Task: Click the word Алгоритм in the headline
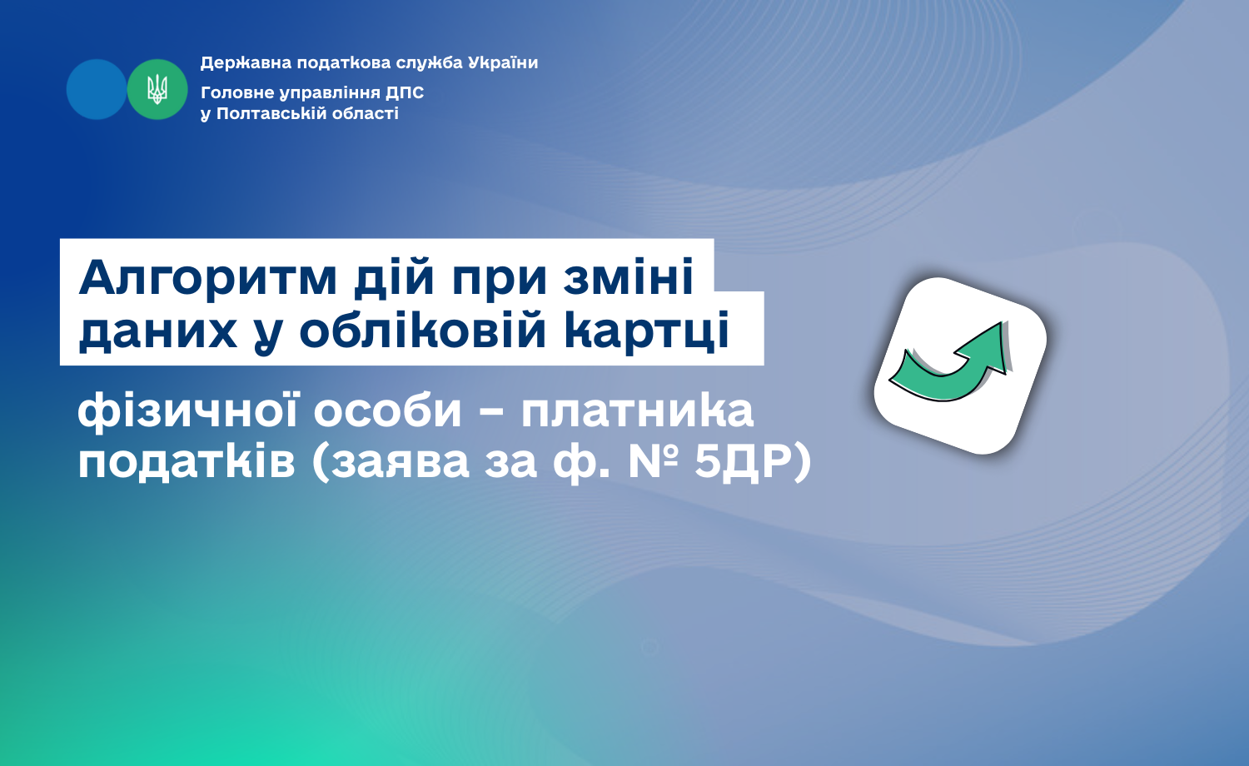tap(208, 276)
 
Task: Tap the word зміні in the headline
tap(628, 276)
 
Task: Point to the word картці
tap(646, 334)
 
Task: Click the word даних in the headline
tap(158, 333)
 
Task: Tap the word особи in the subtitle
tap(387, 410)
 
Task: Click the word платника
tap(637, 411)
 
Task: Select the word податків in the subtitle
tap(187, 463)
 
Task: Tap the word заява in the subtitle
tap(400, 463)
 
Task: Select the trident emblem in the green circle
tap(157, 89)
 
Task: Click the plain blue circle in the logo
tap(97, 89)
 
